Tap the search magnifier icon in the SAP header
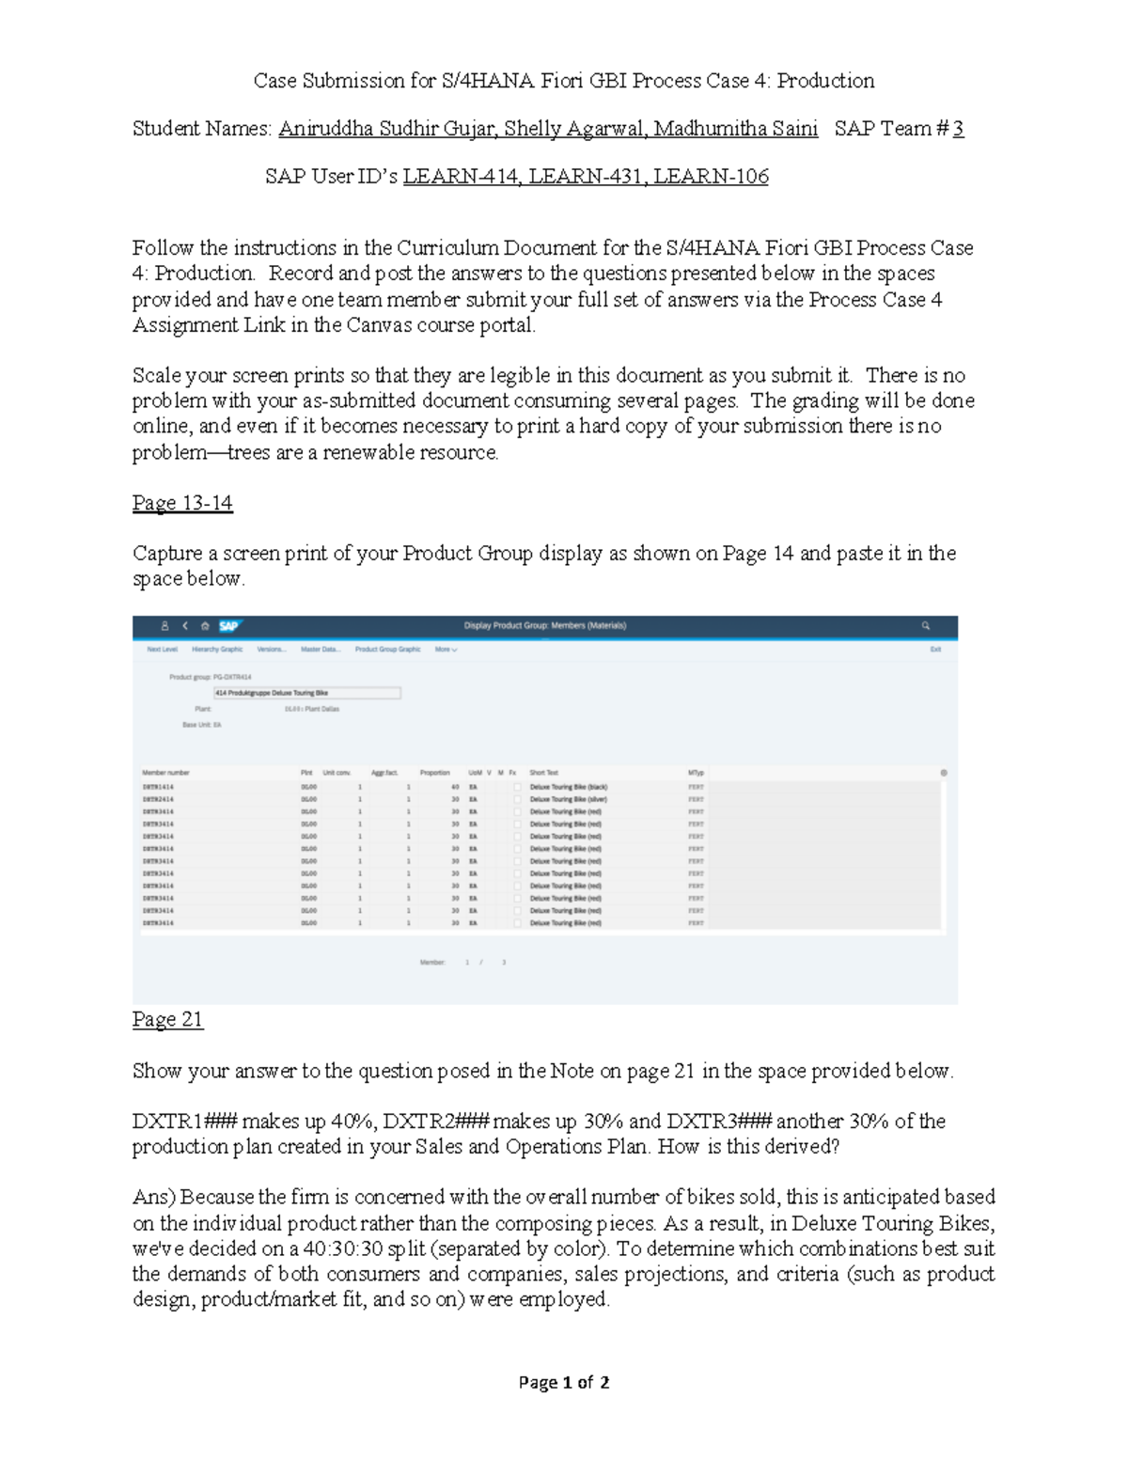[926, 626]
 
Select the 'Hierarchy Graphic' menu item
[217, 650]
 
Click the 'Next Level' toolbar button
[162, 650]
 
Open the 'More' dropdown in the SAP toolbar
[446, 650]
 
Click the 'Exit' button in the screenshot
[935, 650]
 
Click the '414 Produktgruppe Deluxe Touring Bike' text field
[306, 693]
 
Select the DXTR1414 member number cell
[158, 787]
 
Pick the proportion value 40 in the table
[455, 787]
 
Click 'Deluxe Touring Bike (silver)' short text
[569, 799]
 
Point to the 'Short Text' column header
[543, 773]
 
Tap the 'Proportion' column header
[434, 773]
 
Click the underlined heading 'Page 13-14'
[182, 503]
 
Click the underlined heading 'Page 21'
[167, 1020]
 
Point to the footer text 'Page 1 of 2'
[564, 1382]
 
